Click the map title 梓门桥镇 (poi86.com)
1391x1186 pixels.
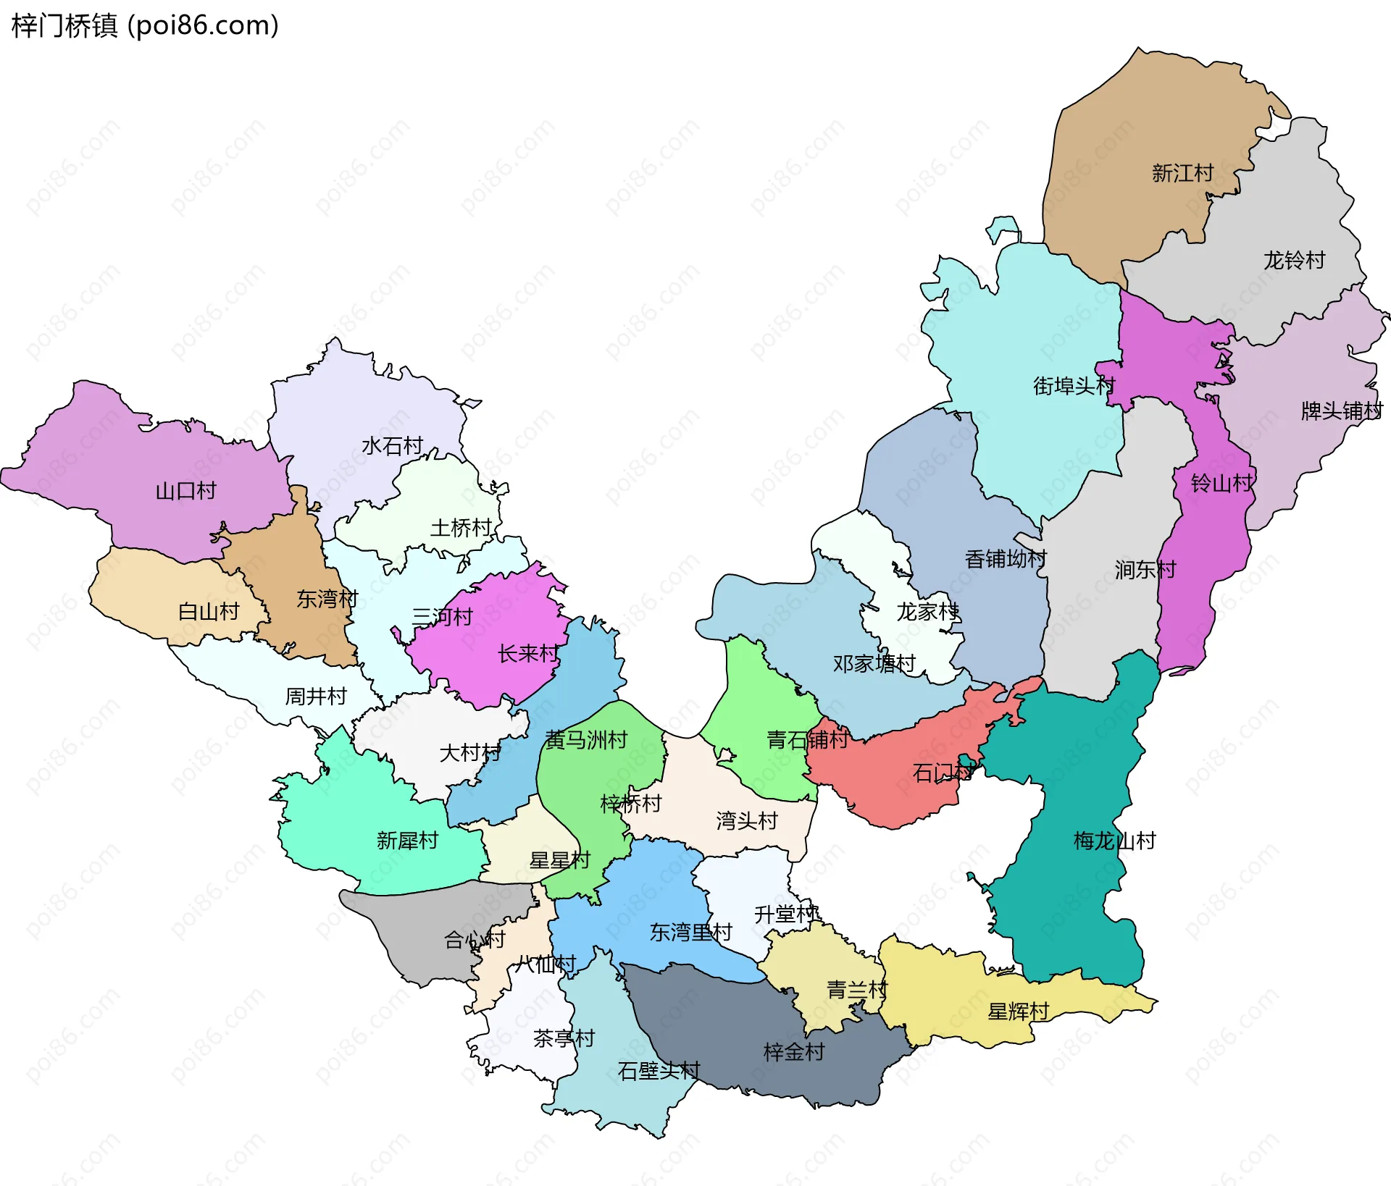pyautogui.click(x=145, y=26)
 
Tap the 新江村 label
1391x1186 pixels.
pyautogui.click(x=1182, y=173)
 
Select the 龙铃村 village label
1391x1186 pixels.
pyautogui.click(x=1294, y=260)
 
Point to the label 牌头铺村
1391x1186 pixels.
pyautogui.click(x=1342, y=411)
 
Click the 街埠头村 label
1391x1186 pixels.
pyautogui.click(x=1074, y=386)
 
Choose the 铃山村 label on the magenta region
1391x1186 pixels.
pyautogui.click(x=1221, y=483)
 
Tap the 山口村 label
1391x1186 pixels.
pyautogui.click(x=186, y=491)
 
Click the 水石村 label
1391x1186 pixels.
pyautogui.click(x=392, y=446)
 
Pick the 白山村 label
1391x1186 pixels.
pyautogui.click(x=209, y=612)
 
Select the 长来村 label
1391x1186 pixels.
pyautogui.click(x=528, y=654)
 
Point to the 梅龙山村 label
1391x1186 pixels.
pyautogui.click(x=1114, y=841)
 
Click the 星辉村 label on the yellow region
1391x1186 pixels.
pyautogui.click(x=1018, y=1012)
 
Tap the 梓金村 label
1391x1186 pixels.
pyautogui.click(x=794, y=1052)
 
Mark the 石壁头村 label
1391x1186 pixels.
pyautogui.click(x=659, y=1071)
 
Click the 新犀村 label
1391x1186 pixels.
pyautogui.click(x=407, y=841)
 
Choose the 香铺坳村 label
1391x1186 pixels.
pyautogui.click(x=1006, y=559)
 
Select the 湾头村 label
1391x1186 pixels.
pyautogui.click(x=746, y=820)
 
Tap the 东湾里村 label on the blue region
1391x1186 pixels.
pyautogui.click(x=690, y=933)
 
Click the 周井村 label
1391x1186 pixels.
pyautogui.click(x=316, y=697)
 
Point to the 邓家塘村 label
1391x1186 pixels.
pyautogui.click(x=874, y=663)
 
